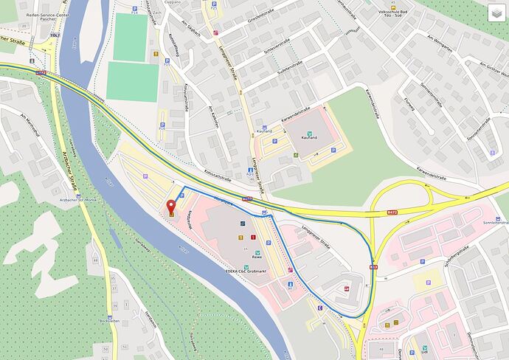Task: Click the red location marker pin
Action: pos(171,207)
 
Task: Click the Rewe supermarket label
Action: pos(258,257)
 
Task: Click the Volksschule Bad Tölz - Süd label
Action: pos(398,15)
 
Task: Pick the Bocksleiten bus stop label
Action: pos(109,321)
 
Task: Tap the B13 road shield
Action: pos(374,266)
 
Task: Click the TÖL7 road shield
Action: pos(55,35)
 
